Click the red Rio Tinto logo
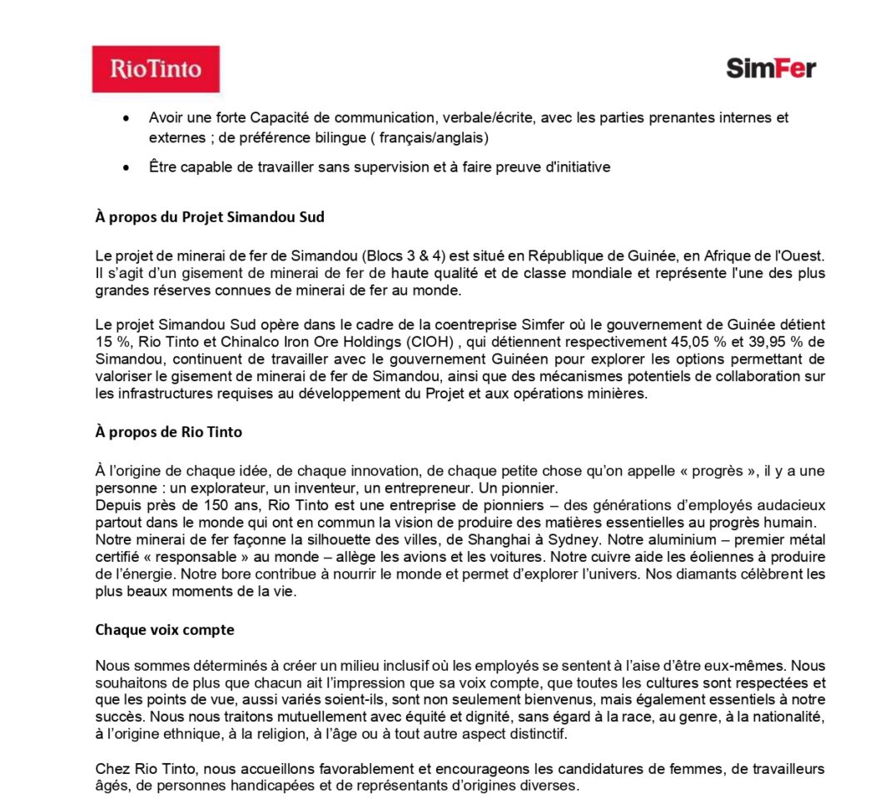[156, 68]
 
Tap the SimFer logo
[771, 68]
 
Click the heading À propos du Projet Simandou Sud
[210, 218]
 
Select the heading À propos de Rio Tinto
[169, 432]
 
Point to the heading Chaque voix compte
[165, 630]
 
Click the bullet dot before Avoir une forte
[125, 119]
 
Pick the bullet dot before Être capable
[125, 168]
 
